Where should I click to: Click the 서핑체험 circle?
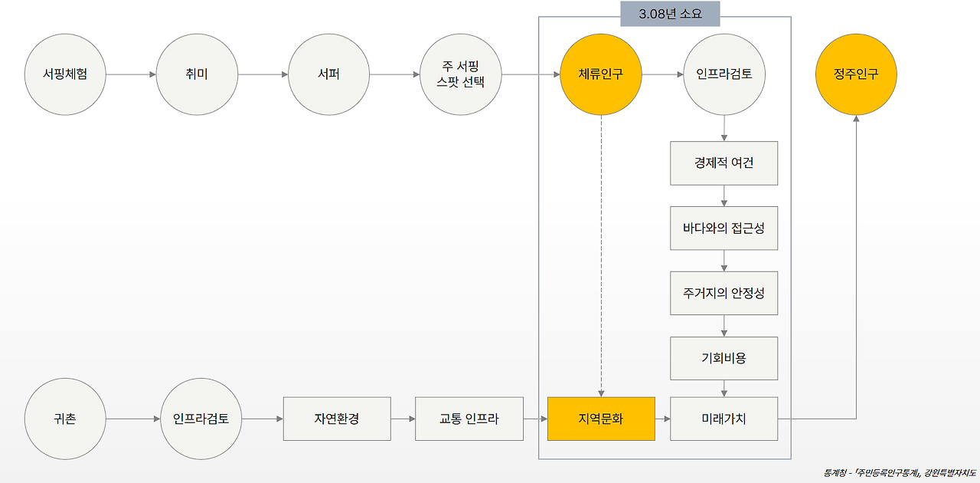click(65, 74)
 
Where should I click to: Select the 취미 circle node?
click(197, 74)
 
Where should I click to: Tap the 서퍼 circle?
click(328, 74)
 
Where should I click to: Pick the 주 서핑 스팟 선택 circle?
click(461, 74)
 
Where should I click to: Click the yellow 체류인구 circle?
click(601, 74)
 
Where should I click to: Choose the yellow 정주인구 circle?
click(856, 74)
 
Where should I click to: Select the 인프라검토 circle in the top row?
click(724, 74)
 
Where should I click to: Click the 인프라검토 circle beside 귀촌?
click(201, 419)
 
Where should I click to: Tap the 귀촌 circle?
click(65, 419)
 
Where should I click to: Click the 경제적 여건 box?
click(724, 163)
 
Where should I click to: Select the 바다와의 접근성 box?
click(724, 228)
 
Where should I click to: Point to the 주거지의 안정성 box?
click(724, 293)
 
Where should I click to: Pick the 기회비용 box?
click(724, 358)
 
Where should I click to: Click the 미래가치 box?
click(724, 419)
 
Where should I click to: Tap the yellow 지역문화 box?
click(601, 419)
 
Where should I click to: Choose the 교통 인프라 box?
click(469, 419)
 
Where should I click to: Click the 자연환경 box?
click(337, 419)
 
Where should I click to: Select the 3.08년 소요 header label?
click(670, 13)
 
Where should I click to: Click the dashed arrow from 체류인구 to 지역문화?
click(601, 253)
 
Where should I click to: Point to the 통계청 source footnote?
click(900, 472)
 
